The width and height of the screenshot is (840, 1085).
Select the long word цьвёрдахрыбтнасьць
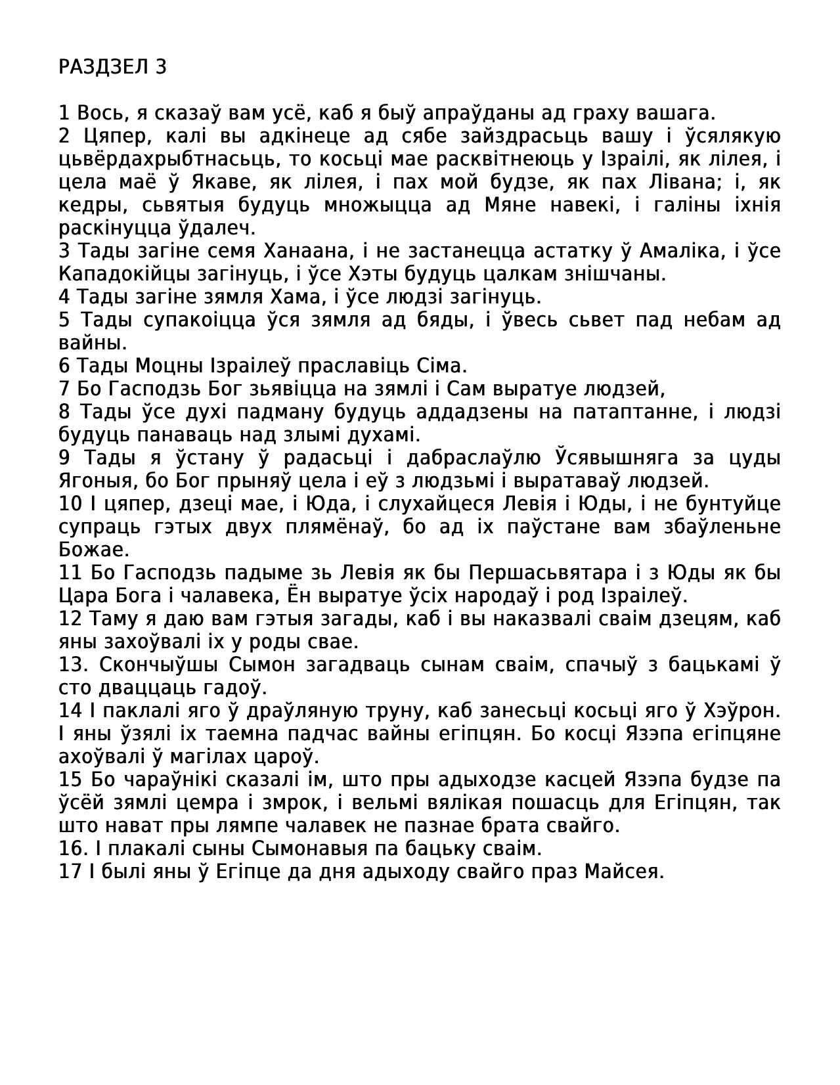click(x=170, y=160)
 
